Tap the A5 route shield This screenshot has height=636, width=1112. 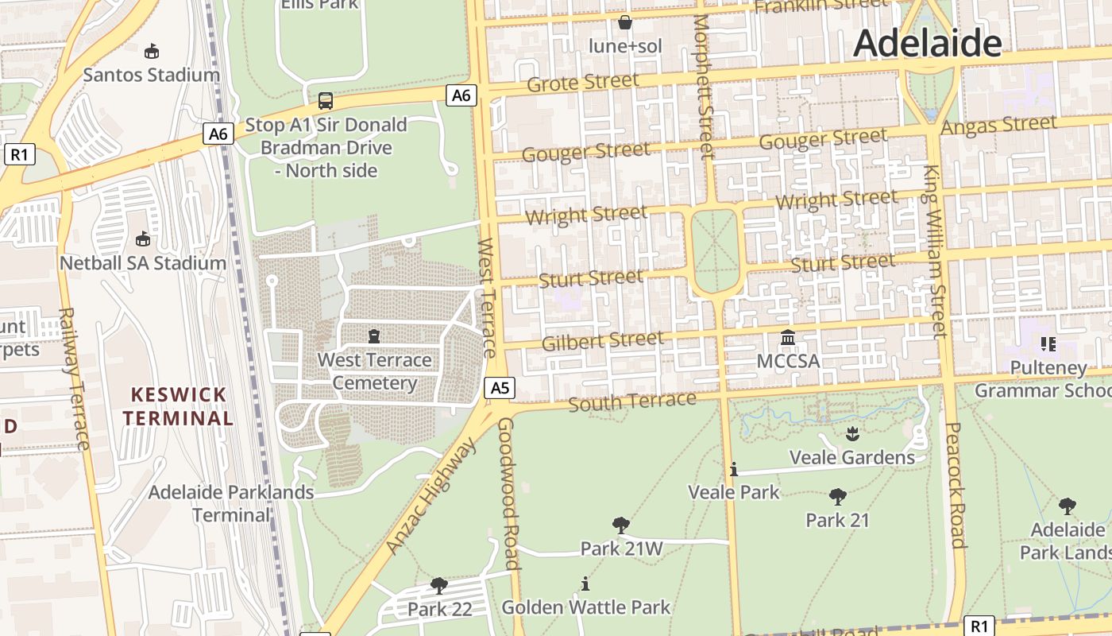[500, 388]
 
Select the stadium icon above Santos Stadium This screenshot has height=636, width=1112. [152, 52]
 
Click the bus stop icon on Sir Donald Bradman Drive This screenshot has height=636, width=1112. [326, 101]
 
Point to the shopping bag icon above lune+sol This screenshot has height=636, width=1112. [625, 22]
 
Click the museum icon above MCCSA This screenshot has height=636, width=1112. [788, 338]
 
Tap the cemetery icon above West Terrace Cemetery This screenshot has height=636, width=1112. [374, 336]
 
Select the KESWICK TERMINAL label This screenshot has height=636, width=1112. [178, 406]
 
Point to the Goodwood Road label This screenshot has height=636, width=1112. [508, 493]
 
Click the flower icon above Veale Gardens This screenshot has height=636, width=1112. [852, 434]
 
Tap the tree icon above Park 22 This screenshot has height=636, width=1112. [438, 586]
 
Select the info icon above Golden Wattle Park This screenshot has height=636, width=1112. [585, 584]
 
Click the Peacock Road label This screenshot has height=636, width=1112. [956, 485]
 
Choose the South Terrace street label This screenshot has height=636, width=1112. [632, 401]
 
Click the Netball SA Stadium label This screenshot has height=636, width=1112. [144, 262]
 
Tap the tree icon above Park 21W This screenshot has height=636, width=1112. [621, 525]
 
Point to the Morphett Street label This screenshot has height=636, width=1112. [705, 87]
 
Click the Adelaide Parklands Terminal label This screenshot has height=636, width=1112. [231, 503]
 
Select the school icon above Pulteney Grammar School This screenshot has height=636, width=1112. [1048, 344]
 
